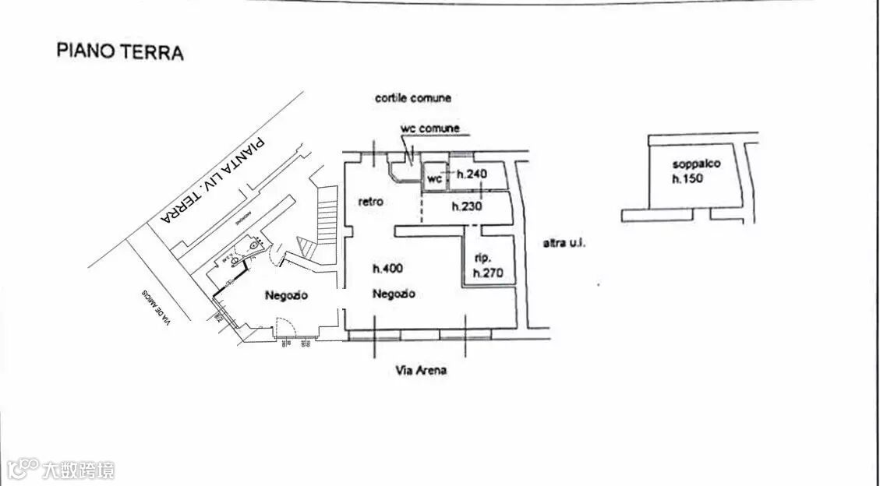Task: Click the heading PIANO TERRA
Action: coord(120,53)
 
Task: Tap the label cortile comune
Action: coord(412,98)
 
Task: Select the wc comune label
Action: coord(429,128)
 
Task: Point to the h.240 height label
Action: coord(472,174)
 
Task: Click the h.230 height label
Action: coord(467,206)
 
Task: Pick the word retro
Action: coord(370,202)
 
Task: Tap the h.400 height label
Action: coord(387,269)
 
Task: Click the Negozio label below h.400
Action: coord(393,294)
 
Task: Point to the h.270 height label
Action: coord(488,273)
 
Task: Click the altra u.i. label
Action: coord(564,243)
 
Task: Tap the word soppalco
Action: coord(696,164)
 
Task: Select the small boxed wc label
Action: coord(434,179)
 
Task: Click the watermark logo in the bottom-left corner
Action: coord(61,470)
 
